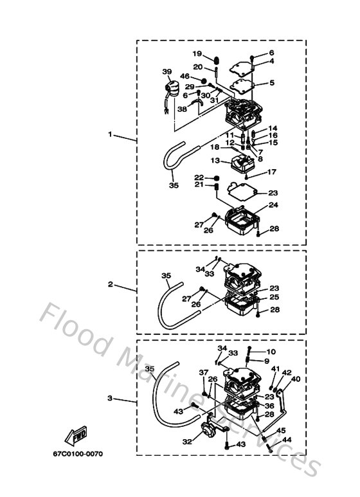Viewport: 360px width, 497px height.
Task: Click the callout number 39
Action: pos(166,71)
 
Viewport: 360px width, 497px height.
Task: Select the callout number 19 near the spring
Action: pos(197,53)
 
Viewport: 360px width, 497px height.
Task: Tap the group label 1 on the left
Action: pos(110,135)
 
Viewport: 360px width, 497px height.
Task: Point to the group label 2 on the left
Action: pos(110,284)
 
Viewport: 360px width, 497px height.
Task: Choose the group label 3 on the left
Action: pos(110,399)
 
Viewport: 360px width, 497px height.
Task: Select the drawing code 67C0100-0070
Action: pos(78,454)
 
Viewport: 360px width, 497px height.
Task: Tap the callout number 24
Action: pos(273,206)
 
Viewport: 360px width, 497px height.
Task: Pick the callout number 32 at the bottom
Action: pos(187,442)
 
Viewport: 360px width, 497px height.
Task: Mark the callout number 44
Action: pos(287,440)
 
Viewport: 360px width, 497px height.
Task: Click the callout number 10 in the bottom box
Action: pos(271,352)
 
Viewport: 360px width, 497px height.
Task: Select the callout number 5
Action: pos(271,82)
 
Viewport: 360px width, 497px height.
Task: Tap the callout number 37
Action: pos(204,372)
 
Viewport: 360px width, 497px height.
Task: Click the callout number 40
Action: pos(296,380)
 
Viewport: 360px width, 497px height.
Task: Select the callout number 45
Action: pos(282,430)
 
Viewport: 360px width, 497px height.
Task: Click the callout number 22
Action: pos(199,177)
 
